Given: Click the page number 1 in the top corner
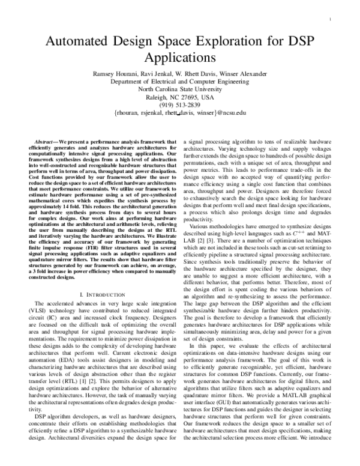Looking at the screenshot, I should (331, 19).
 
